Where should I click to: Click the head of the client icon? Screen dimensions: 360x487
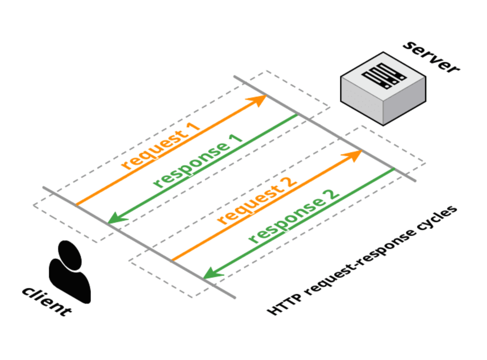70,255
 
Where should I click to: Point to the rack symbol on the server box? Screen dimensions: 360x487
384,76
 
